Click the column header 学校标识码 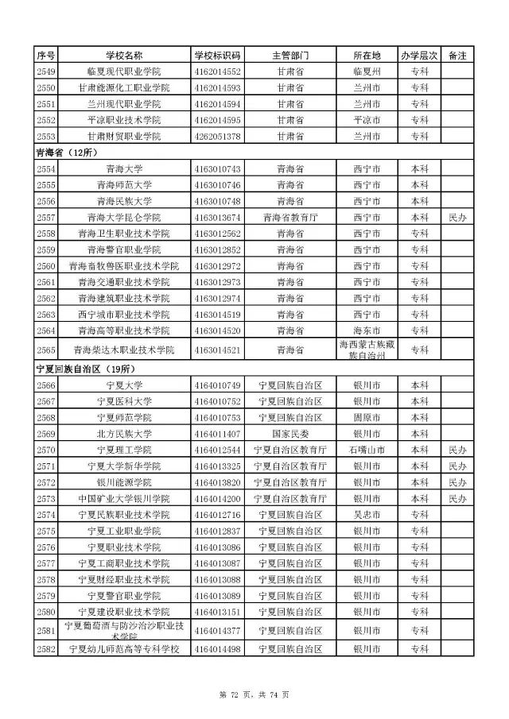tap(217, 56)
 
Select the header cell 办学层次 tap(419, 56)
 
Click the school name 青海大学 tap(124, 169)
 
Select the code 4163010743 tap(217, 169)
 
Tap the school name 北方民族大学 tap(124, 434)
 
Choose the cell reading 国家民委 tap(289, 434)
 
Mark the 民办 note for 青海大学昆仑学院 tap(457, 218)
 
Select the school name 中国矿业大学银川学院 tap(124, 499)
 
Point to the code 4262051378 tap(217, 137)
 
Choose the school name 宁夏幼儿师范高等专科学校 tap(124, 649)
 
